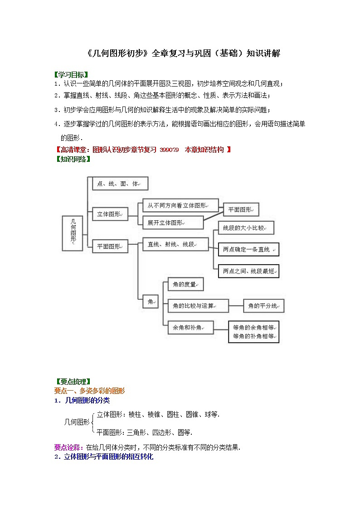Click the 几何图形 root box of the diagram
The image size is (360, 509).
[73, 233]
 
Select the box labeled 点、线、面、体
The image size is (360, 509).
[120, 184]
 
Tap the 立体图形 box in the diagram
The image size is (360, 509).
[110, 214]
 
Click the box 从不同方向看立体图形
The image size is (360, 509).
[180, 205]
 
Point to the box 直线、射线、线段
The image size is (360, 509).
[175, 244]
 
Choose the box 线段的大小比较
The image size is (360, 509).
[246, 228]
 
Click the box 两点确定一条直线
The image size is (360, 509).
[248, 249]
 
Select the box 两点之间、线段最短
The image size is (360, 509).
[248, 271]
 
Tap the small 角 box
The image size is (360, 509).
[151, 301]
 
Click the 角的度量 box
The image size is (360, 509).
[185, 284]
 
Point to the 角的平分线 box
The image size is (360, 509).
[264, 306]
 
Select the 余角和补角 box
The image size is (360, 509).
[190, 327]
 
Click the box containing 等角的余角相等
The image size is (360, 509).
[254, 331]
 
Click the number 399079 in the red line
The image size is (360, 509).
[169, 150]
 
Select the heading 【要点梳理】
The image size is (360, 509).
[72, 382]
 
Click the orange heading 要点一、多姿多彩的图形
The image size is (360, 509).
[89, 391]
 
